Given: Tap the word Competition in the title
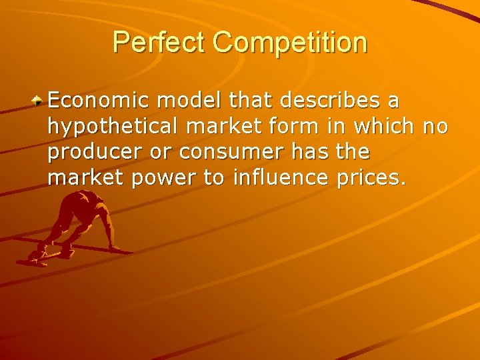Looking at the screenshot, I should point(290,42).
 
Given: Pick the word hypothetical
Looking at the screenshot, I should point(104,127).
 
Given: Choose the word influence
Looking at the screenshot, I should point(285,178).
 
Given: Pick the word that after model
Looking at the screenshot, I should point(252,101).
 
